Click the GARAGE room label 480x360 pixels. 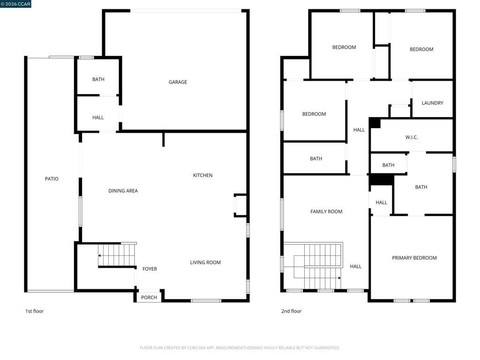click(178, 82)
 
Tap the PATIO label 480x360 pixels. click(52, 179)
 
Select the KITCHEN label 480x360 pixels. click(202, 175)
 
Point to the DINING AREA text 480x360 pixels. click(123, 191)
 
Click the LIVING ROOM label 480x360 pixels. click(205, 262)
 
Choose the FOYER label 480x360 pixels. click(150, 269)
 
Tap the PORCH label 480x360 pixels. click(149, 297)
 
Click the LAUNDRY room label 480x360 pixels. click(432, 103)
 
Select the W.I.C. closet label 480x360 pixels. click(412, 137)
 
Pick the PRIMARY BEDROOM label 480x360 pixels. click(414, 258)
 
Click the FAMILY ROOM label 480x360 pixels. click(326, 211)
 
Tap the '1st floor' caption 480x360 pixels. click(34, 311)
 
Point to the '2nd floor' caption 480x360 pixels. click(291, 311)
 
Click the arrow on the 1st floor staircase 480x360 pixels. click(100, 255)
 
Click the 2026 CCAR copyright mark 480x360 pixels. click(15, 4)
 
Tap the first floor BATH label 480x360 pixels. click(98, 79)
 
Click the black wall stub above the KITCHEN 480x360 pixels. click(163, 139)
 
